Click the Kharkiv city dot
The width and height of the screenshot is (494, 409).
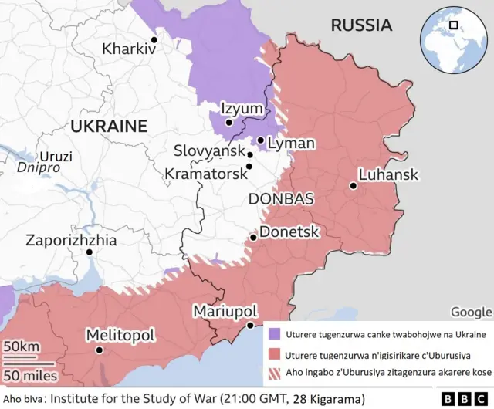pyautogui.click(x=154, y=40)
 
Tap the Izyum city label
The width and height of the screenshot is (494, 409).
pyautogui.click(x=242, y=109)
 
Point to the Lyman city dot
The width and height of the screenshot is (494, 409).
pyautogui.click(x=261, y=140)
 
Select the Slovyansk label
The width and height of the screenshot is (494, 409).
pyautogui.click(x=208, y=150)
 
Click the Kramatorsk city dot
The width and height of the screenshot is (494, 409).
pyautogui.click(x=249, y=166)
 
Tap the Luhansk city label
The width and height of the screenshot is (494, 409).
pyautogui.click(x=389, y=175)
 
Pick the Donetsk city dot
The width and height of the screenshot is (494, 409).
pyautogui.click(x=253, y=238)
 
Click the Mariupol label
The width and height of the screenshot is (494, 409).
pyautogui.click(x=225, y=310)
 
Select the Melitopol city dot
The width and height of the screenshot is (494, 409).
pyautogui.click(x=99, y=350)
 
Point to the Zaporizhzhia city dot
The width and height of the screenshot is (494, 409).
pyautogui.click(x=89, y=252)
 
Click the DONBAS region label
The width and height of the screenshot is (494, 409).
pyautogui.click(x=281, y=199)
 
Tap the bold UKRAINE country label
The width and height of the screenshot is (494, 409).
pyautogui.click(x=108, y=126)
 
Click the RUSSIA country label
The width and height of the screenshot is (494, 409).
pyautogui.click(x=361, y=25)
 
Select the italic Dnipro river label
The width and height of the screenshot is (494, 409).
pyautogui.click(x=39, y=167)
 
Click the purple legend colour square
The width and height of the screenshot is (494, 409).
pyautogui.click(x=274, y=334)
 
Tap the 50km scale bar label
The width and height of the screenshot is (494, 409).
pyautogui.click(x=22, y=347)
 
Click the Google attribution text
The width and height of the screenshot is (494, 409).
pyautogui.click(x=470, y=312)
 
